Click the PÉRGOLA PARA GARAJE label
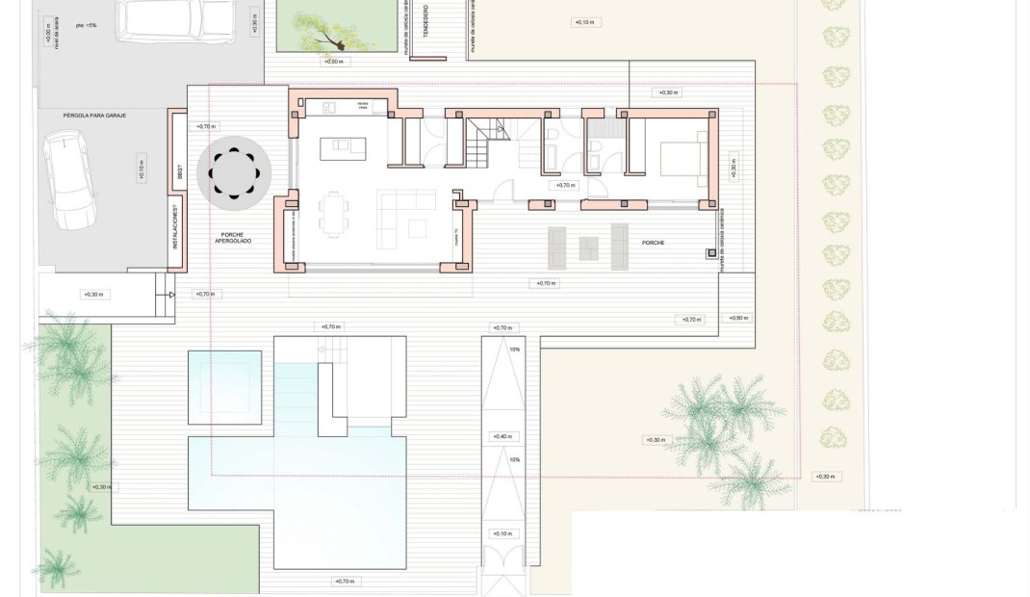[94, 114]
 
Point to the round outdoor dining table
[234, 173]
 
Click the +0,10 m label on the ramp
[502, 532]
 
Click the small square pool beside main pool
[224, 387]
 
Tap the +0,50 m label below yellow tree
[334, 62]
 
